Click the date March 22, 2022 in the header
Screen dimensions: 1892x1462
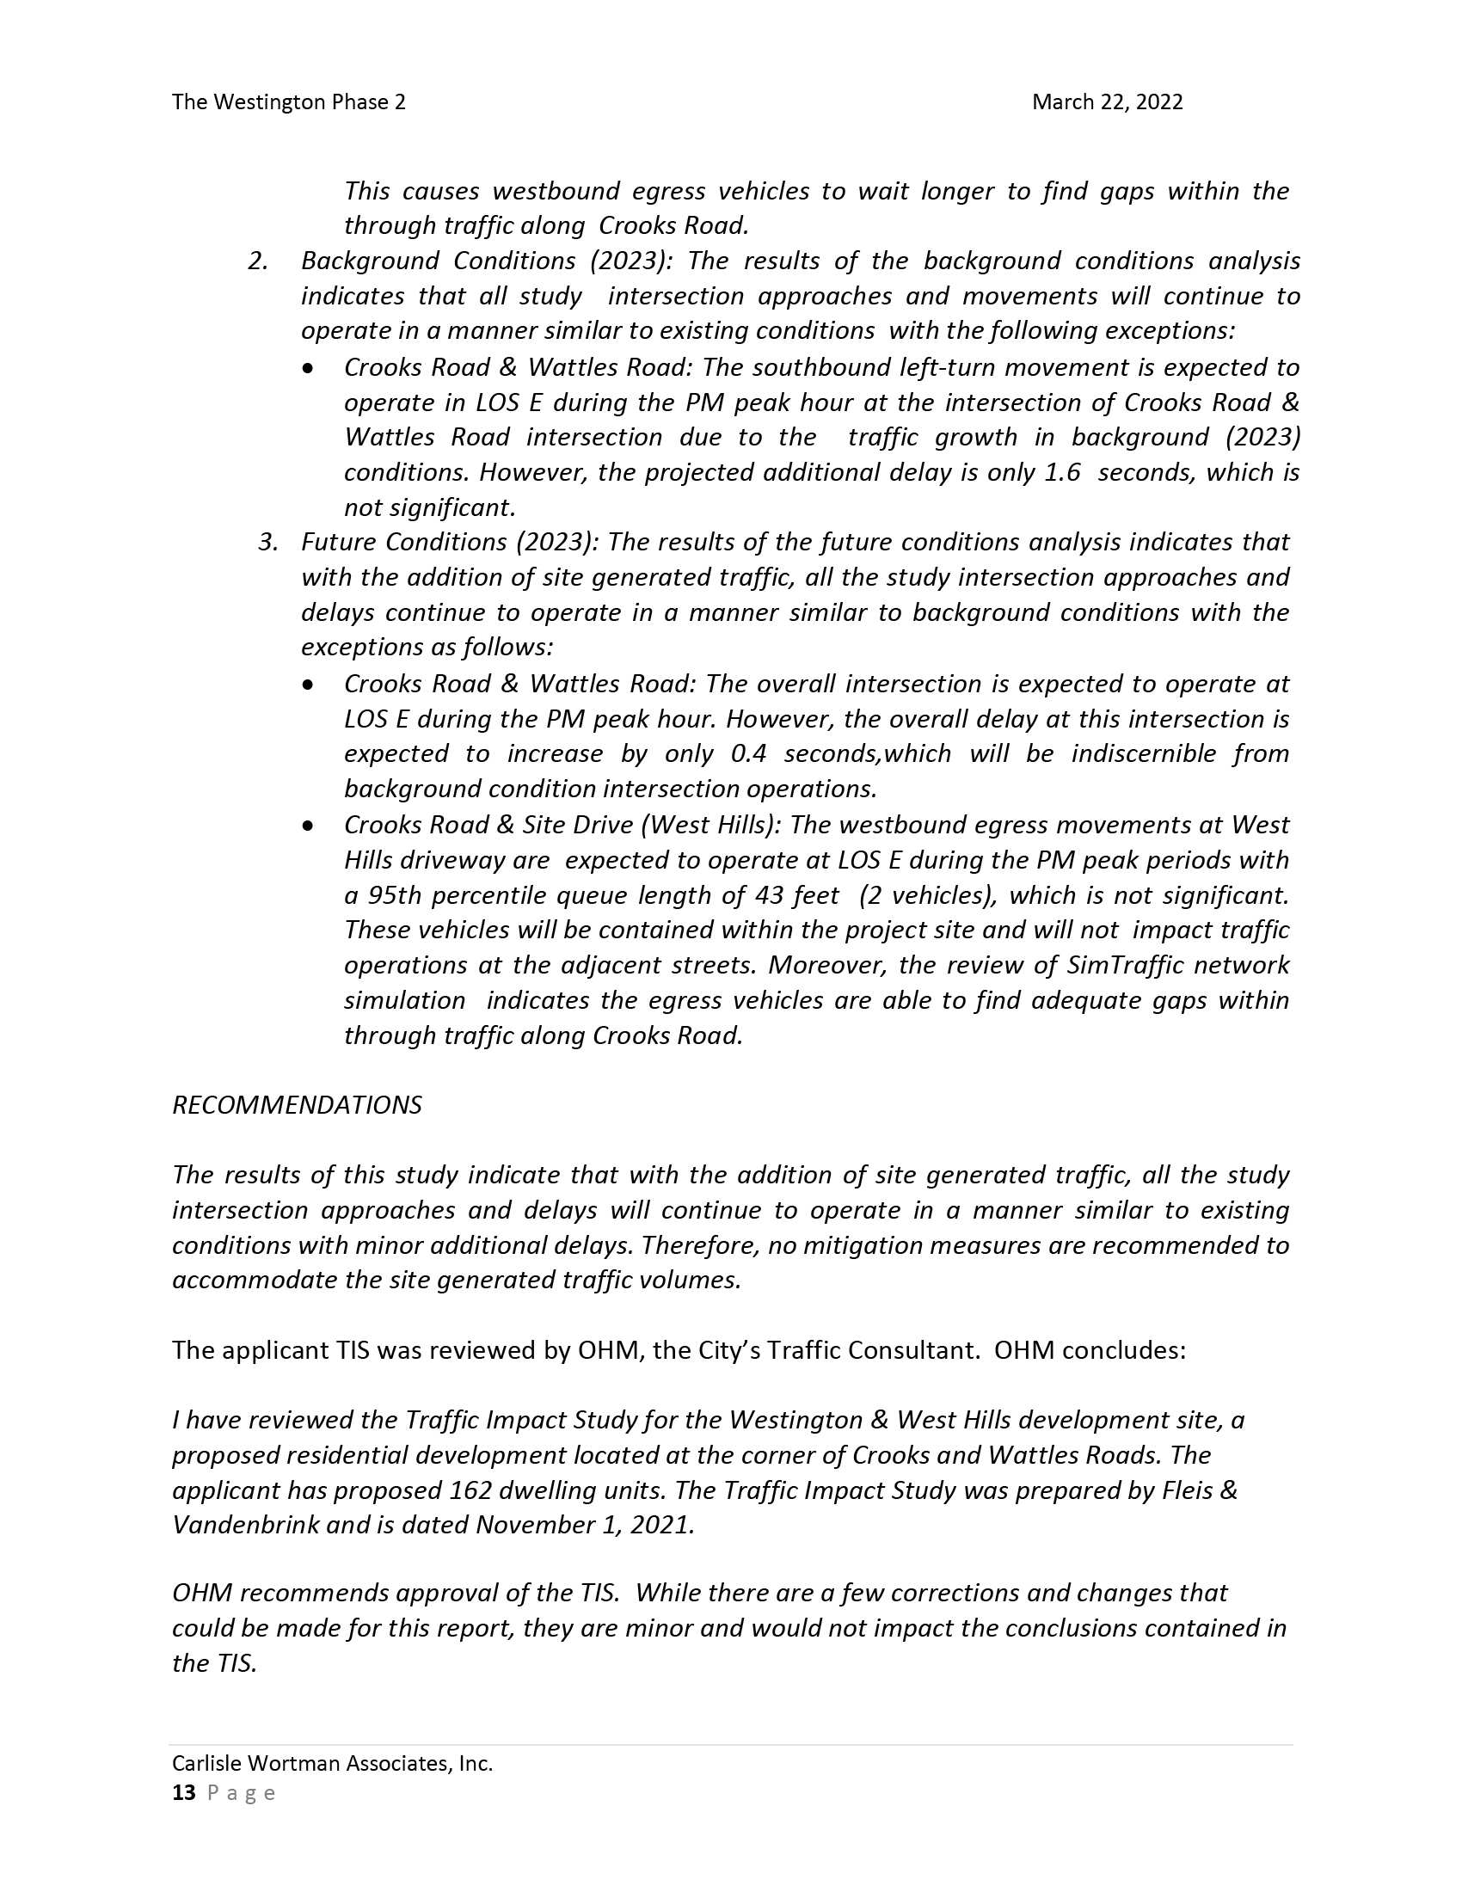coord(1107,102)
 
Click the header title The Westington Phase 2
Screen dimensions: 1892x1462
coord(288,102)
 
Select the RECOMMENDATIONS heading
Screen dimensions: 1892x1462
coord(297,1105)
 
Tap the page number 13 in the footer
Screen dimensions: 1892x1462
coord(184,1792)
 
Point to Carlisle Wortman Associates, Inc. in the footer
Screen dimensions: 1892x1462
coord(333,1763)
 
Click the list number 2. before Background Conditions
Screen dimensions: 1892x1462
coord(257,261)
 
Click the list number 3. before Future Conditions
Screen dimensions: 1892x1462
coord(267,543)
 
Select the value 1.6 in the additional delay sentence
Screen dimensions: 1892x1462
coord(1063,472)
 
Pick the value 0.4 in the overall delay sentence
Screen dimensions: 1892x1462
coord(749,753)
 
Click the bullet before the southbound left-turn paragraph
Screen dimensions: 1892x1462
coord(309,369)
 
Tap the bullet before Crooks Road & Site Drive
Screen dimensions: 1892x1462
coord(309,826)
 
